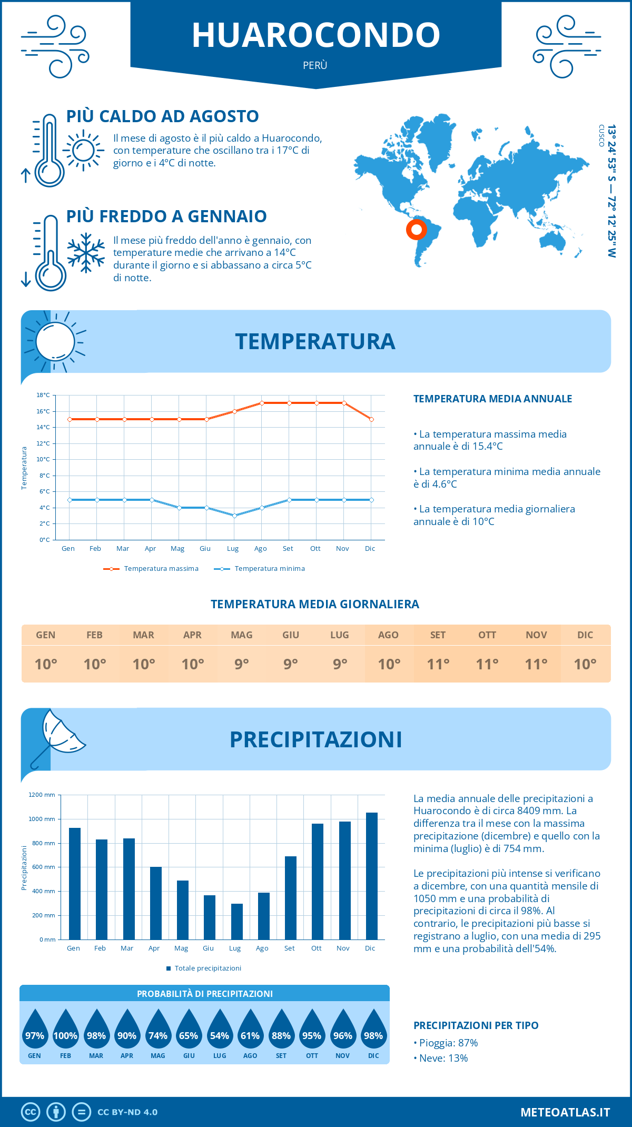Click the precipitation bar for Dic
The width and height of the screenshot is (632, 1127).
(372, 876)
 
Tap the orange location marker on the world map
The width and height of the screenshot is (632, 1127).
(417, 230)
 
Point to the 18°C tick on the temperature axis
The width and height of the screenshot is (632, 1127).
(43, 395)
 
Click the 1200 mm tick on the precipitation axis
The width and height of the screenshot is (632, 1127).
(42, 795)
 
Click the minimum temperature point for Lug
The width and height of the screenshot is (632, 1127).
(234, 516)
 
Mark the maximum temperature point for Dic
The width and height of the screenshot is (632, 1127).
(372, 419)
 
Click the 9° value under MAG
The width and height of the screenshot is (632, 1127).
(242, 664)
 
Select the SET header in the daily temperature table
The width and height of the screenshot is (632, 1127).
(438, 635)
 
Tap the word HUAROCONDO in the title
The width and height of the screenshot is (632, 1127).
(315, 35)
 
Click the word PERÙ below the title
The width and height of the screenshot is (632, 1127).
(315, 65)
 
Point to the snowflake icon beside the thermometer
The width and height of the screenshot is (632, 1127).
(86, 253)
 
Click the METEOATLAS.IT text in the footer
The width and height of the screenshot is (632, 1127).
(565, 1112)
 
